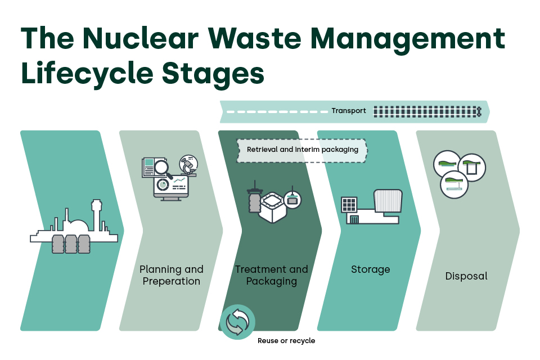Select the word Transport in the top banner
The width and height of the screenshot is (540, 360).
348,111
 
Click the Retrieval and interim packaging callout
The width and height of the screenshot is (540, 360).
302,150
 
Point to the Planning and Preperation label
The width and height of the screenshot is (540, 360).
172,275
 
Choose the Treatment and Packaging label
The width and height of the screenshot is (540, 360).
271,275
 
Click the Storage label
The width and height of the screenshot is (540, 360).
370,269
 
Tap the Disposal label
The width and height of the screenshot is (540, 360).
466,276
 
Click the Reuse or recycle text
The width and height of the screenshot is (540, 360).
286,340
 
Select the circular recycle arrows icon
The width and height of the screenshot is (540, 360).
237,322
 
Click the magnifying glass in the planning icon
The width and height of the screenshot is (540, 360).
162,167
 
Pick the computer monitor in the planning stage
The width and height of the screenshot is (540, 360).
171,186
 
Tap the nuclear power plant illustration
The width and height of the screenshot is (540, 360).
74,231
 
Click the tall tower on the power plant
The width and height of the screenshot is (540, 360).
96,214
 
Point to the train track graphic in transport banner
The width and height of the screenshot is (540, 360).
427,111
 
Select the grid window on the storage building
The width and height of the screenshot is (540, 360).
349,204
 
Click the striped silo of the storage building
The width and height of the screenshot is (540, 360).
388,201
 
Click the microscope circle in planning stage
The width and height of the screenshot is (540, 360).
188,165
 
